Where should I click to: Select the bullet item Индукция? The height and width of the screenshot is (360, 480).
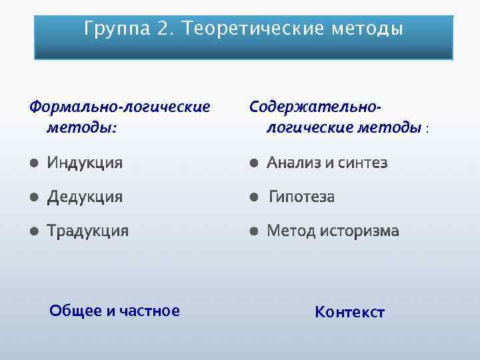coord(85,163)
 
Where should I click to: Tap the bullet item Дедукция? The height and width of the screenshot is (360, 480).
coord(85,197)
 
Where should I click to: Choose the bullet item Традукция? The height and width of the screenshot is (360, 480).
coord(87,231)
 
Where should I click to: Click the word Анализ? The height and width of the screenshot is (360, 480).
coord(295,163)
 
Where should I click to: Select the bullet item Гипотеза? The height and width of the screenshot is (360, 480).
coord(302,197)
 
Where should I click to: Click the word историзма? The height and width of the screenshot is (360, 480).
coord(359,231)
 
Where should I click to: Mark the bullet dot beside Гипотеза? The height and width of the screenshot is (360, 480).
coord(253,197)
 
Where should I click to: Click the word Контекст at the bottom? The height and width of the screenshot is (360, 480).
coord(349,313)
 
